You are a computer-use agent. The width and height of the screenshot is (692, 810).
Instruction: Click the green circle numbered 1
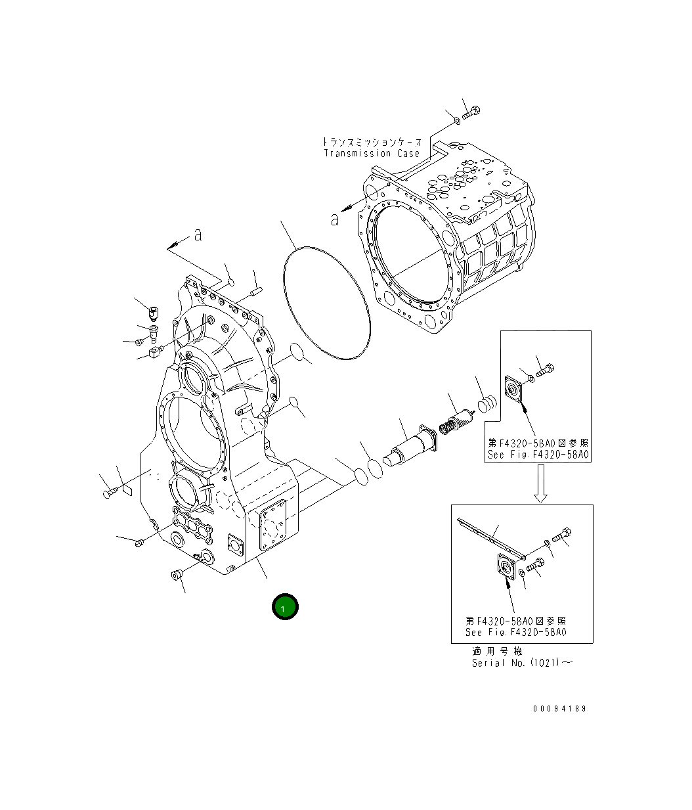tap(285, 607)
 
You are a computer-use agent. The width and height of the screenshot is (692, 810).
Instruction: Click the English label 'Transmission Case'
tap(372, 153)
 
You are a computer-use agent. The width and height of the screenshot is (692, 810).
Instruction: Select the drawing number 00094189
tap(559, 709)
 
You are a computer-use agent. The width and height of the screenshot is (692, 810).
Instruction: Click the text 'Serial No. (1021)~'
tap(522, 663)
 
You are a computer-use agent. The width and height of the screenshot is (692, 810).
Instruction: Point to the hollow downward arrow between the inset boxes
tap(540, 484)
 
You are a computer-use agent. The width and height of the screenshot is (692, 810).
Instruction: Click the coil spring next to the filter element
tap(487, 403)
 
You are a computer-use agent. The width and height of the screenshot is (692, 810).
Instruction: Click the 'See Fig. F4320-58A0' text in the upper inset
tap(538, 455)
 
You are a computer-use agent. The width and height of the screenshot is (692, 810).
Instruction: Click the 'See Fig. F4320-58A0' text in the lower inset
tap(515, 632)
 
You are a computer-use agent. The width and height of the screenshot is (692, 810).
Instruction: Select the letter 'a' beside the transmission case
tap(335, 220)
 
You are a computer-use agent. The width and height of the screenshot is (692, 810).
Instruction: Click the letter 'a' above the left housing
tap(197, 235)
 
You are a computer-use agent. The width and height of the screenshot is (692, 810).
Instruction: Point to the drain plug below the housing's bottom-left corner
tap(176, 575)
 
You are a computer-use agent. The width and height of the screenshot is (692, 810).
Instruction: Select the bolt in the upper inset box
tap(545, 372)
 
